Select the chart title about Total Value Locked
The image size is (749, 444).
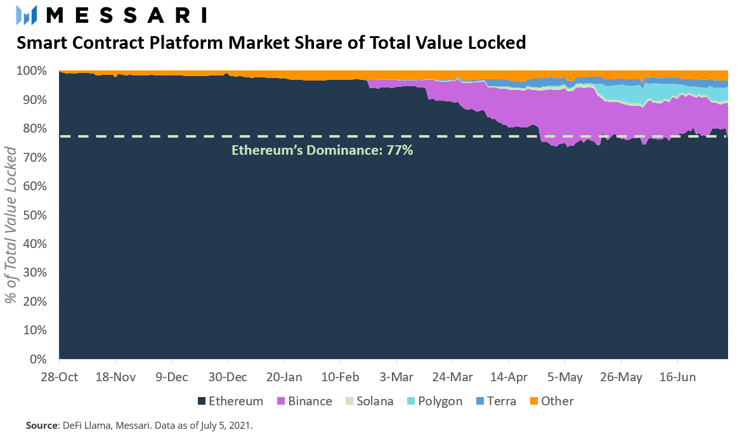tap(271, 43)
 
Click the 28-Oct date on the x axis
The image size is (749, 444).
tap(59, 377)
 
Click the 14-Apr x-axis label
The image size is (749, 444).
tap(509, 377)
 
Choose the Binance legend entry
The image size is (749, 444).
tap(304, 401)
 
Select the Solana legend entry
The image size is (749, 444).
tap(369, 401)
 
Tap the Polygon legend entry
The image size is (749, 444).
tap(435, 401)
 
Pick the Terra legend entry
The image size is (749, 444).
tap(496, 401)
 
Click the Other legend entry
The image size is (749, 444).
tap(551, 401)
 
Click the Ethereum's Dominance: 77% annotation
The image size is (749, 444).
tap(322, 150)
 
